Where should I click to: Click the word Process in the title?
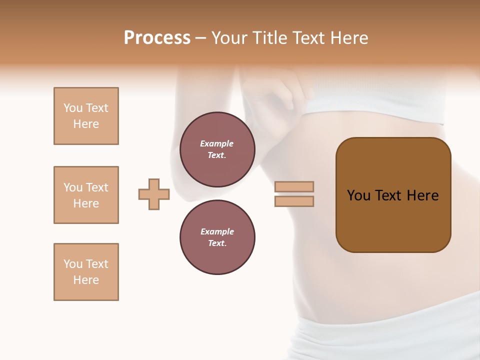tap(157, 38)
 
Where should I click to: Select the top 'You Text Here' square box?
tap(86, 116)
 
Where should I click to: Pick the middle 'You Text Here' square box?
tap(86, 195)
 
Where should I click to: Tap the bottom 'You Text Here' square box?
tap(86, 272)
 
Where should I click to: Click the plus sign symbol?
tap(154, 194)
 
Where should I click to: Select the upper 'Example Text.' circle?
tap(217, 149)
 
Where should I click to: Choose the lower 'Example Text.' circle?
tap(217, 237)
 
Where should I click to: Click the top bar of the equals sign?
tap(294, 186)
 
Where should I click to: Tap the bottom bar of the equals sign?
tap(294, 201)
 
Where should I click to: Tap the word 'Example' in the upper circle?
tap(217, 144)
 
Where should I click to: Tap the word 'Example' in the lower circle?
tap(217, 232)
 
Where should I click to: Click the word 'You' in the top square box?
tap(72, 108)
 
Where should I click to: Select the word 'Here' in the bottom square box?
tap(86, 280)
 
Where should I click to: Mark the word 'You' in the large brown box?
tap(358, 195)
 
